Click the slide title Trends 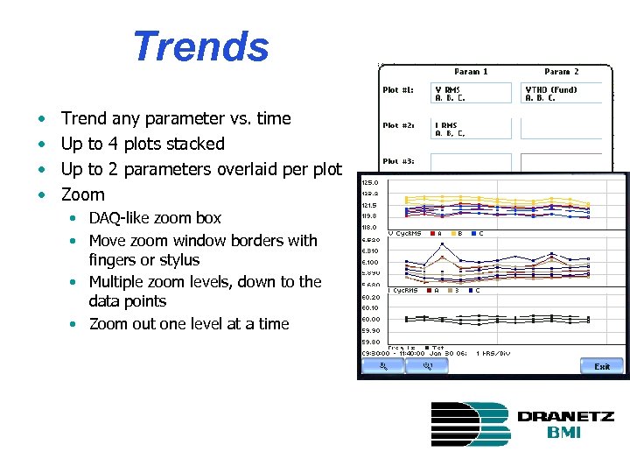pyautogui.click(x=200, y=47)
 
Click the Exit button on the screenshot pyautogui.click(x=601, y=366)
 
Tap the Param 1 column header pyautogui.click(x=471, y=72)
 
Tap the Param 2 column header pyautogui.click(x=561, y=72)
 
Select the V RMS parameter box pyautogui.click(x=471, y=93)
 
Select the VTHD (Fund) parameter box pyautogui.click(x=561, y=93)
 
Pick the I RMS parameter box pyautogui.click(x=471, y=129)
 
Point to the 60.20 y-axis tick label pyautogui.click(x=370, y=297)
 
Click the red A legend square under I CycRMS pyautogui.click(x=429, y=290)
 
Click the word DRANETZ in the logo pyautogui.click(x=565, y=417)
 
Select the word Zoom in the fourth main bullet pyautogui.click(x=83, y=194)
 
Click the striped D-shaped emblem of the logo pyautogui.click(x=469, y=424)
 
